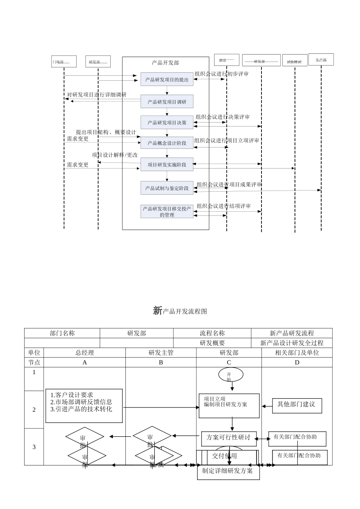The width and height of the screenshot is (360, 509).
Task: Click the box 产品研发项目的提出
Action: pyautogui.click(x=167, y=80)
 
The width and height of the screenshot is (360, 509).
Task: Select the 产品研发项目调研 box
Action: pyautogui.click(x=167, y=101)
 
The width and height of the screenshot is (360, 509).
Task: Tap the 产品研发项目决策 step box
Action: pyautogui.click(x=167, y=122)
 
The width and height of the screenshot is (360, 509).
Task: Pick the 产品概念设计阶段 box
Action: pyautogui.click(x=167, y=143)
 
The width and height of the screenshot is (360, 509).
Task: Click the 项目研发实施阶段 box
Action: pyautogui.click(x=167, y=164)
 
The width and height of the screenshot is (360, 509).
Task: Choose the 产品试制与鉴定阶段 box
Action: pyautogui.click(x=167, y=188)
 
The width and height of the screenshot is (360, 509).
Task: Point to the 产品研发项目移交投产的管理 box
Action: pyautogui.click(x=167, y=211)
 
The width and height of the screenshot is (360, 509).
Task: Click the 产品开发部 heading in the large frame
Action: pyautogui.click(x=165, y=63)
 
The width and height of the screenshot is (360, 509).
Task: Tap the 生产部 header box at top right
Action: pyautogui.click(x=321, y=59)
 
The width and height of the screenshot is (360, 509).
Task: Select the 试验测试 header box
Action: pyautogui.click(x=294, y=61)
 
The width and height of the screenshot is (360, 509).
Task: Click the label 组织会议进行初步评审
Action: pyautogui.click(x=221, y=74)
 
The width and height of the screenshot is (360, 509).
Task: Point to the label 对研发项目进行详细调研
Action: pyautogui.click(x=97, y=95)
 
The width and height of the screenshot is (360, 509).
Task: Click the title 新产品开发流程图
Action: pyautogui.click(x=180, y=311)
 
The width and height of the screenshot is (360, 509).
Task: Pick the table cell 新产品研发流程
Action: pyautogui.click(x=291, y=333)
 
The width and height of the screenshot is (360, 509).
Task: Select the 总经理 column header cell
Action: pyautogui.click(x=85, y=353)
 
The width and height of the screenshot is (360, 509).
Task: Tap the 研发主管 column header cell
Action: pyautogui.click(x=161, y=353)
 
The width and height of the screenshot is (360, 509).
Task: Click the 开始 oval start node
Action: pyautogui.click(x=230, y=375)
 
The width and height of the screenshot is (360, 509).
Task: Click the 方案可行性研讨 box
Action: pyautogui.click(x=229, y=438)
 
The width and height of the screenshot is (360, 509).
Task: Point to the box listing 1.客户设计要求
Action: pyautogui.click(x=84, y=406)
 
